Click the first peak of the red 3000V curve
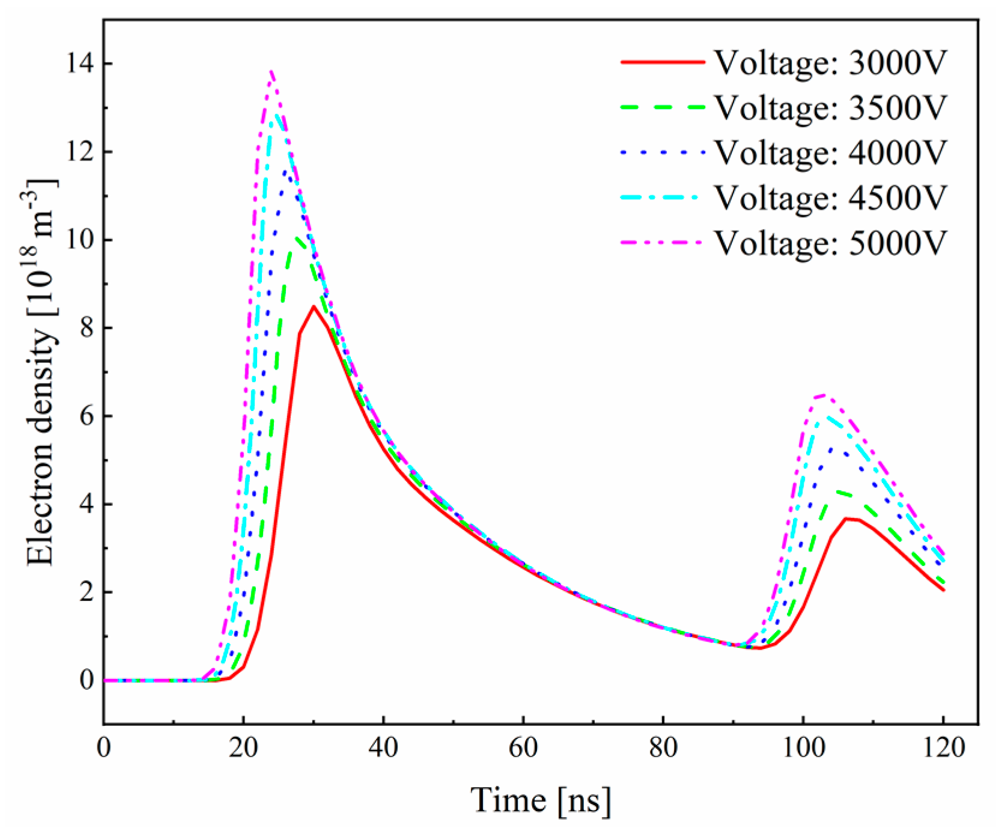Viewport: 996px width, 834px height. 314,306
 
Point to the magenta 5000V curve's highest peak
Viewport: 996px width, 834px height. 272,71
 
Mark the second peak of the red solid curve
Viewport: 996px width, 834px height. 846,518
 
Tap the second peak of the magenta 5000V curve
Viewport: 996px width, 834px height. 824,395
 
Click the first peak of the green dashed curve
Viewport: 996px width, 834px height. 297,238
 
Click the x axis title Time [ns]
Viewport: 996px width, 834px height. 541,800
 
